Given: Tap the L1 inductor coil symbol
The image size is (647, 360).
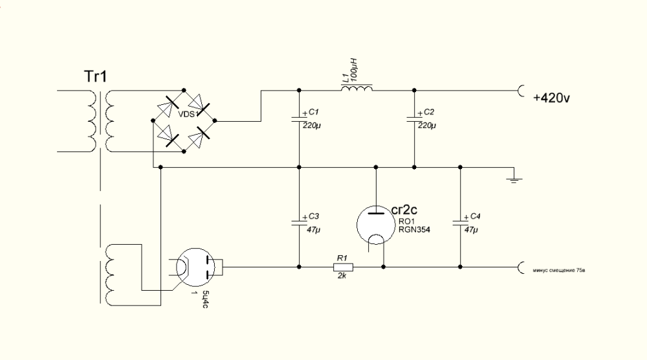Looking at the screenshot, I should click(356, 88).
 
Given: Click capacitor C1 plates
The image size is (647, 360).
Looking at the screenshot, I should click(299, 118).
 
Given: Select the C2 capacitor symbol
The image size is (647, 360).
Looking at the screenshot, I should click(414, 118).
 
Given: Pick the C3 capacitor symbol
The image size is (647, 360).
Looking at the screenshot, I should click(299, 221).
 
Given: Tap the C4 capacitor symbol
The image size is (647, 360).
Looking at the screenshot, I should click(460, 221).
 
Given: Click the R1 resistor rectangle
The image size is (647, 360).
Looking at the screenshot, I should click(342, 267).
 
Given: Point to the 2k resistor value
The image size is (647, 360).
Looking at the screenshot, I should click(342, 276).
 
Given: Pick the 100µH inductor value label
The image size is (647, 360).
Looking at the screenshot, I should click(353, 70).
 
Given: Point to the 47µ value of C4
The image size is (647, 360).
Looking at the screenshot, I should click(471, 230).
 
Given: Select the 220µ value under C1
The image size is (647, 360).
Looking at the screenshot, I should click(311, 125).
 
